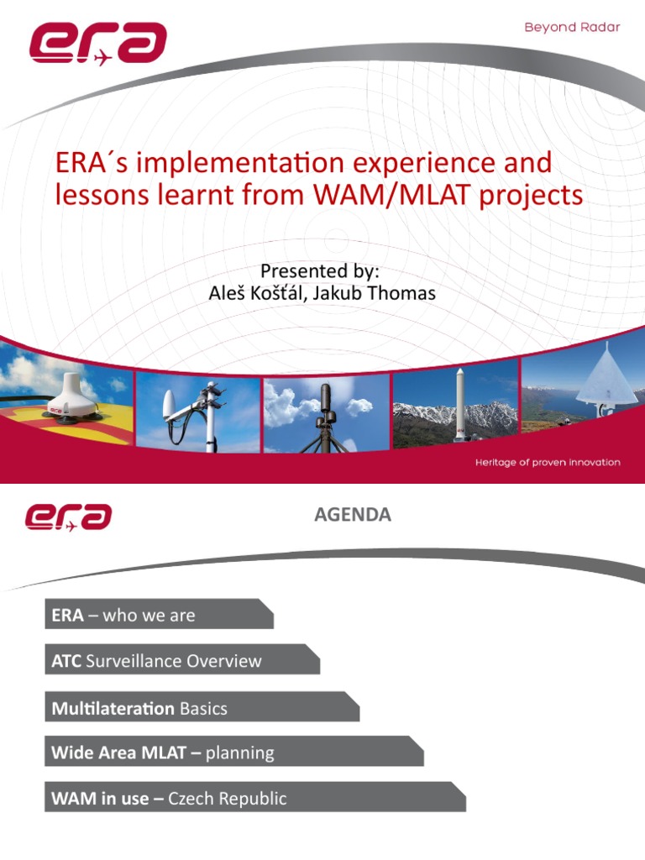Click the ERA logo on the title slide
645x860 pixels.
click(97, 44)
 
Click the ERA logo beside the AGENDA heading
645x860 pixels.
click(69, 517)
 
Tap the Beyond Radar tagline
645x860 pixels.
click(572, 27)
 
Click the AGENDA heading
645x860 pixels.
click(353, 515)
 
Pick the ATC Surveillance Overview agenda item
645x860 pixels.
click(157, 661)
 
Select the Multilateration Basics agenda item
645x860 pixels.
click(139, 708)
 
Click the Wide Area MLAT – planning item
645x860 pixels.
click(163, 752)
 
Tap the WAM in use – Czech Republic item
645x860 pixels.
click(169, 798)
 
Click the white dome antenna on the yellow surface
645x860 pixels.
click(67, 394)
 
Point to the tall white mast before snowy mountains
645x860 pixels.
click(459, 395)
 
